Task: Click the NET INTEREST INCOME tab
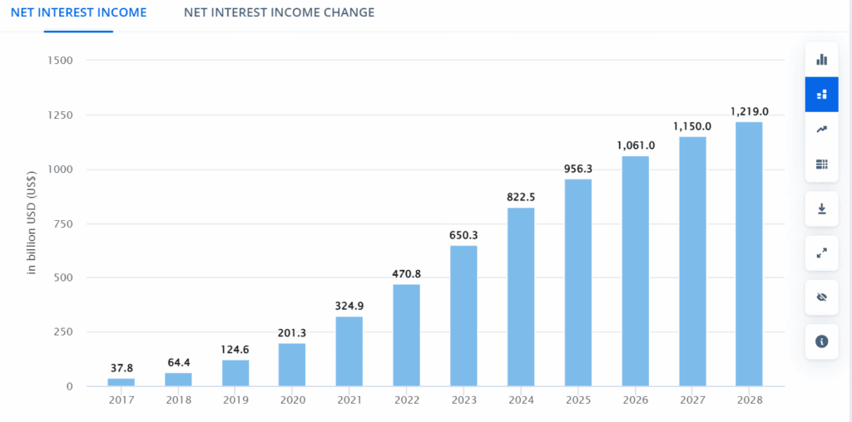[78, 12]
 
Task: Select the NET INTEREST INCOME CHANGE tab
[279, 12]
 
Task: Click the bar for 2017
[121, 382]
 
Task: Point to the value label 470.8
[406, 272]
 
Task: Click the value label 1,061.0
[635, 145]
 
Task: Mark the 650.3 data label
[463, 234]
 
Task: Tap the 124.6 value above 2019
[235, 348]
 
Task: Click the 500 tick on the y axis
[63, 278]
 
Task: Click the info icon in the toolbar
[821, 341]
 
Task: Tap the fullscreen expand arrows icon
[821, 253]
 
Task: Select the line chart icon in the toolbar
[821, 129]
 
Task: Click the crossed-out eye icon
[821, 297]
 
